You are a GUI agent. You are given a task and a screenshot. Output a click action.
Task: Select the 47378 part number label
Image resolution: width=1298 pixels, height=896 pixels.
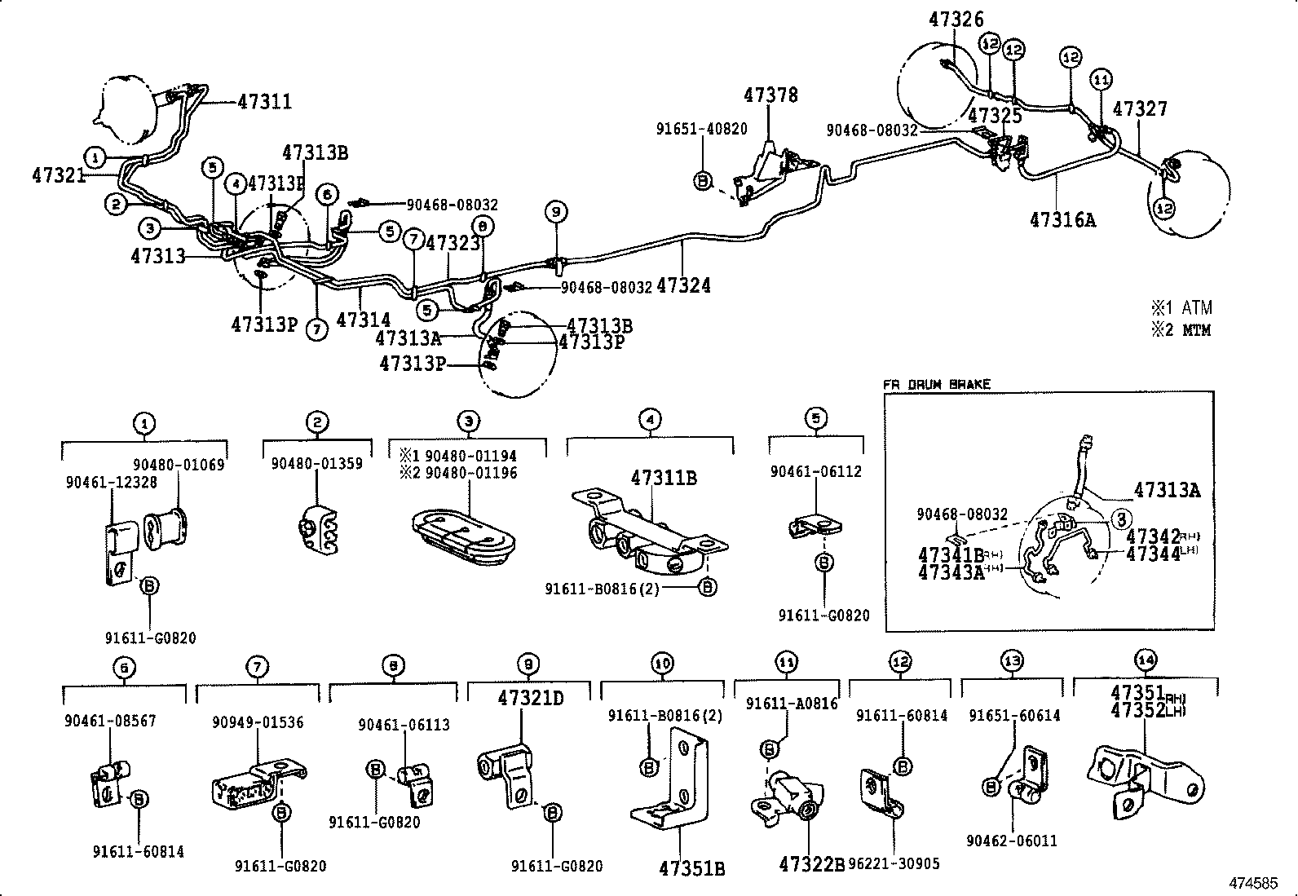tap(770, 95)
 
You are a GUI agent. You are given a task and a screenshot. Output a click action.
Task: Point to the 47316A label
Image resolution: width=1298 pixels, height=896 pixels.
tap(1063, 219)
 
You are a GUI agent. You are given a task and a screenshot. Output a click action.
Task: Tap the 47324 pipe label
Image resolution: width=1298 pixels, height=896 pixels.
tap(683, 285)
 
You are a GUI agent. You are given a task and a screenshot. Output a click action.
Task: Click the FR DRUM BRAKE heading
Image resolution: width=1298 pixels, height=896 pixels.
tap(937, 384)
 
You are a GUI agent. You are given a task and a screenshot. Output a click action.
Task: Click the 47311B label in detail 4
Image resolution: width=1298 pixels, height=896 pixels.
tap(663, 478)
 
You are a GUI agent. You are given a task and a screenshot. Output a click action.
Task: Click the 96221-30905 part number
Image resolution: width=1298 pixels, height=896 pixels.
tap(894, 863)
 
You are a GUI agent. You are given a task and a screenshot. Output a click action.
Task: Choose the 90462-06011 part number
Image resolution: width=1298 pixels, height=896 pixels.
tap(1011, 841)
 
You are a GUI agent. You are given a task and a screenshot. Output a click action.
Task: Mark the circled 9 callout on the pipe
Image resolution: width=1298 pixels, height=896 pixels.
tap(556, 212)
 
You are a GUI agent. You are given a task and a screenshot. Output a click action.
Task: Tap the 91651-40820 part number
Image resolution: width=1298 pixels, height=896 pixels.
tap(701, 129)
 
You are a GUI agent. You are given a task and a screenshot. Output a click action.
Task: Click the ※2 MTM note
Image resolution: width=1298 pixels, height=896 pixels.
tap(1181, 330)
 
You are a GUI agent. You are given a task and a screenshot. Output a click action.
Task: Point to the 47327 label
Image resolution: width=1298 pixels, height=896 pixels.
tap(1140, 109)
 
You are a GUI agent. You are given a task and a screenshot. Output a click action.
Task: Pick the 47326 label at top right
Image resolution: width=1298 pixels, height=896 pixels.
tap(956, 20)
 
